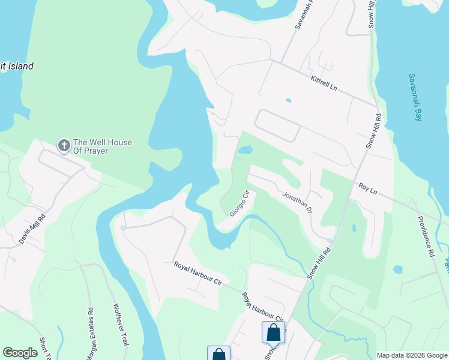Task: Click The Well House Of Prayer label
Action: pyautogui.click(x=102, y=146)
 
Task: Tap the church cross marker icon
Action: pyautogui.click(x=64, y=145)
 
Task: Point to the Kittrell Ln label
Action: pyautogui.click(x=324, y=83)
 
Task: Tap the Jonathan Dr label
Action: pyautogui.click(x=297, y=203)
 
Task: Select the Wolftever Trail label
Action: pyautogui.click(x=122, y=324)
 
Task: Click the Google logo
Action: pyautogui.click(x=20, y=353)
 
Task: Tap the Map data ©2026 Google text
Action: pyautogui.click(x=412, y=355)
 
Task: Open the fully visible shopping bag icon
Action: pyautogui.click(x=273, y=332)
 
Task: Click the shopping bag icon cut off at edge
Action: pyautogui.click(x=218, y=353)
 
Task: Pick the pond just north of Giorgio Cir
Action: pyautogui.click(x=246, y=149)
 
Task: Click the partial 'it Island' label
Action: pyautogui.click(x=17, y=67)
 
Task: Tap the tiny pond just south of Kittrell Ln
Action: pyautogui.click(x=289, y=100)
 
